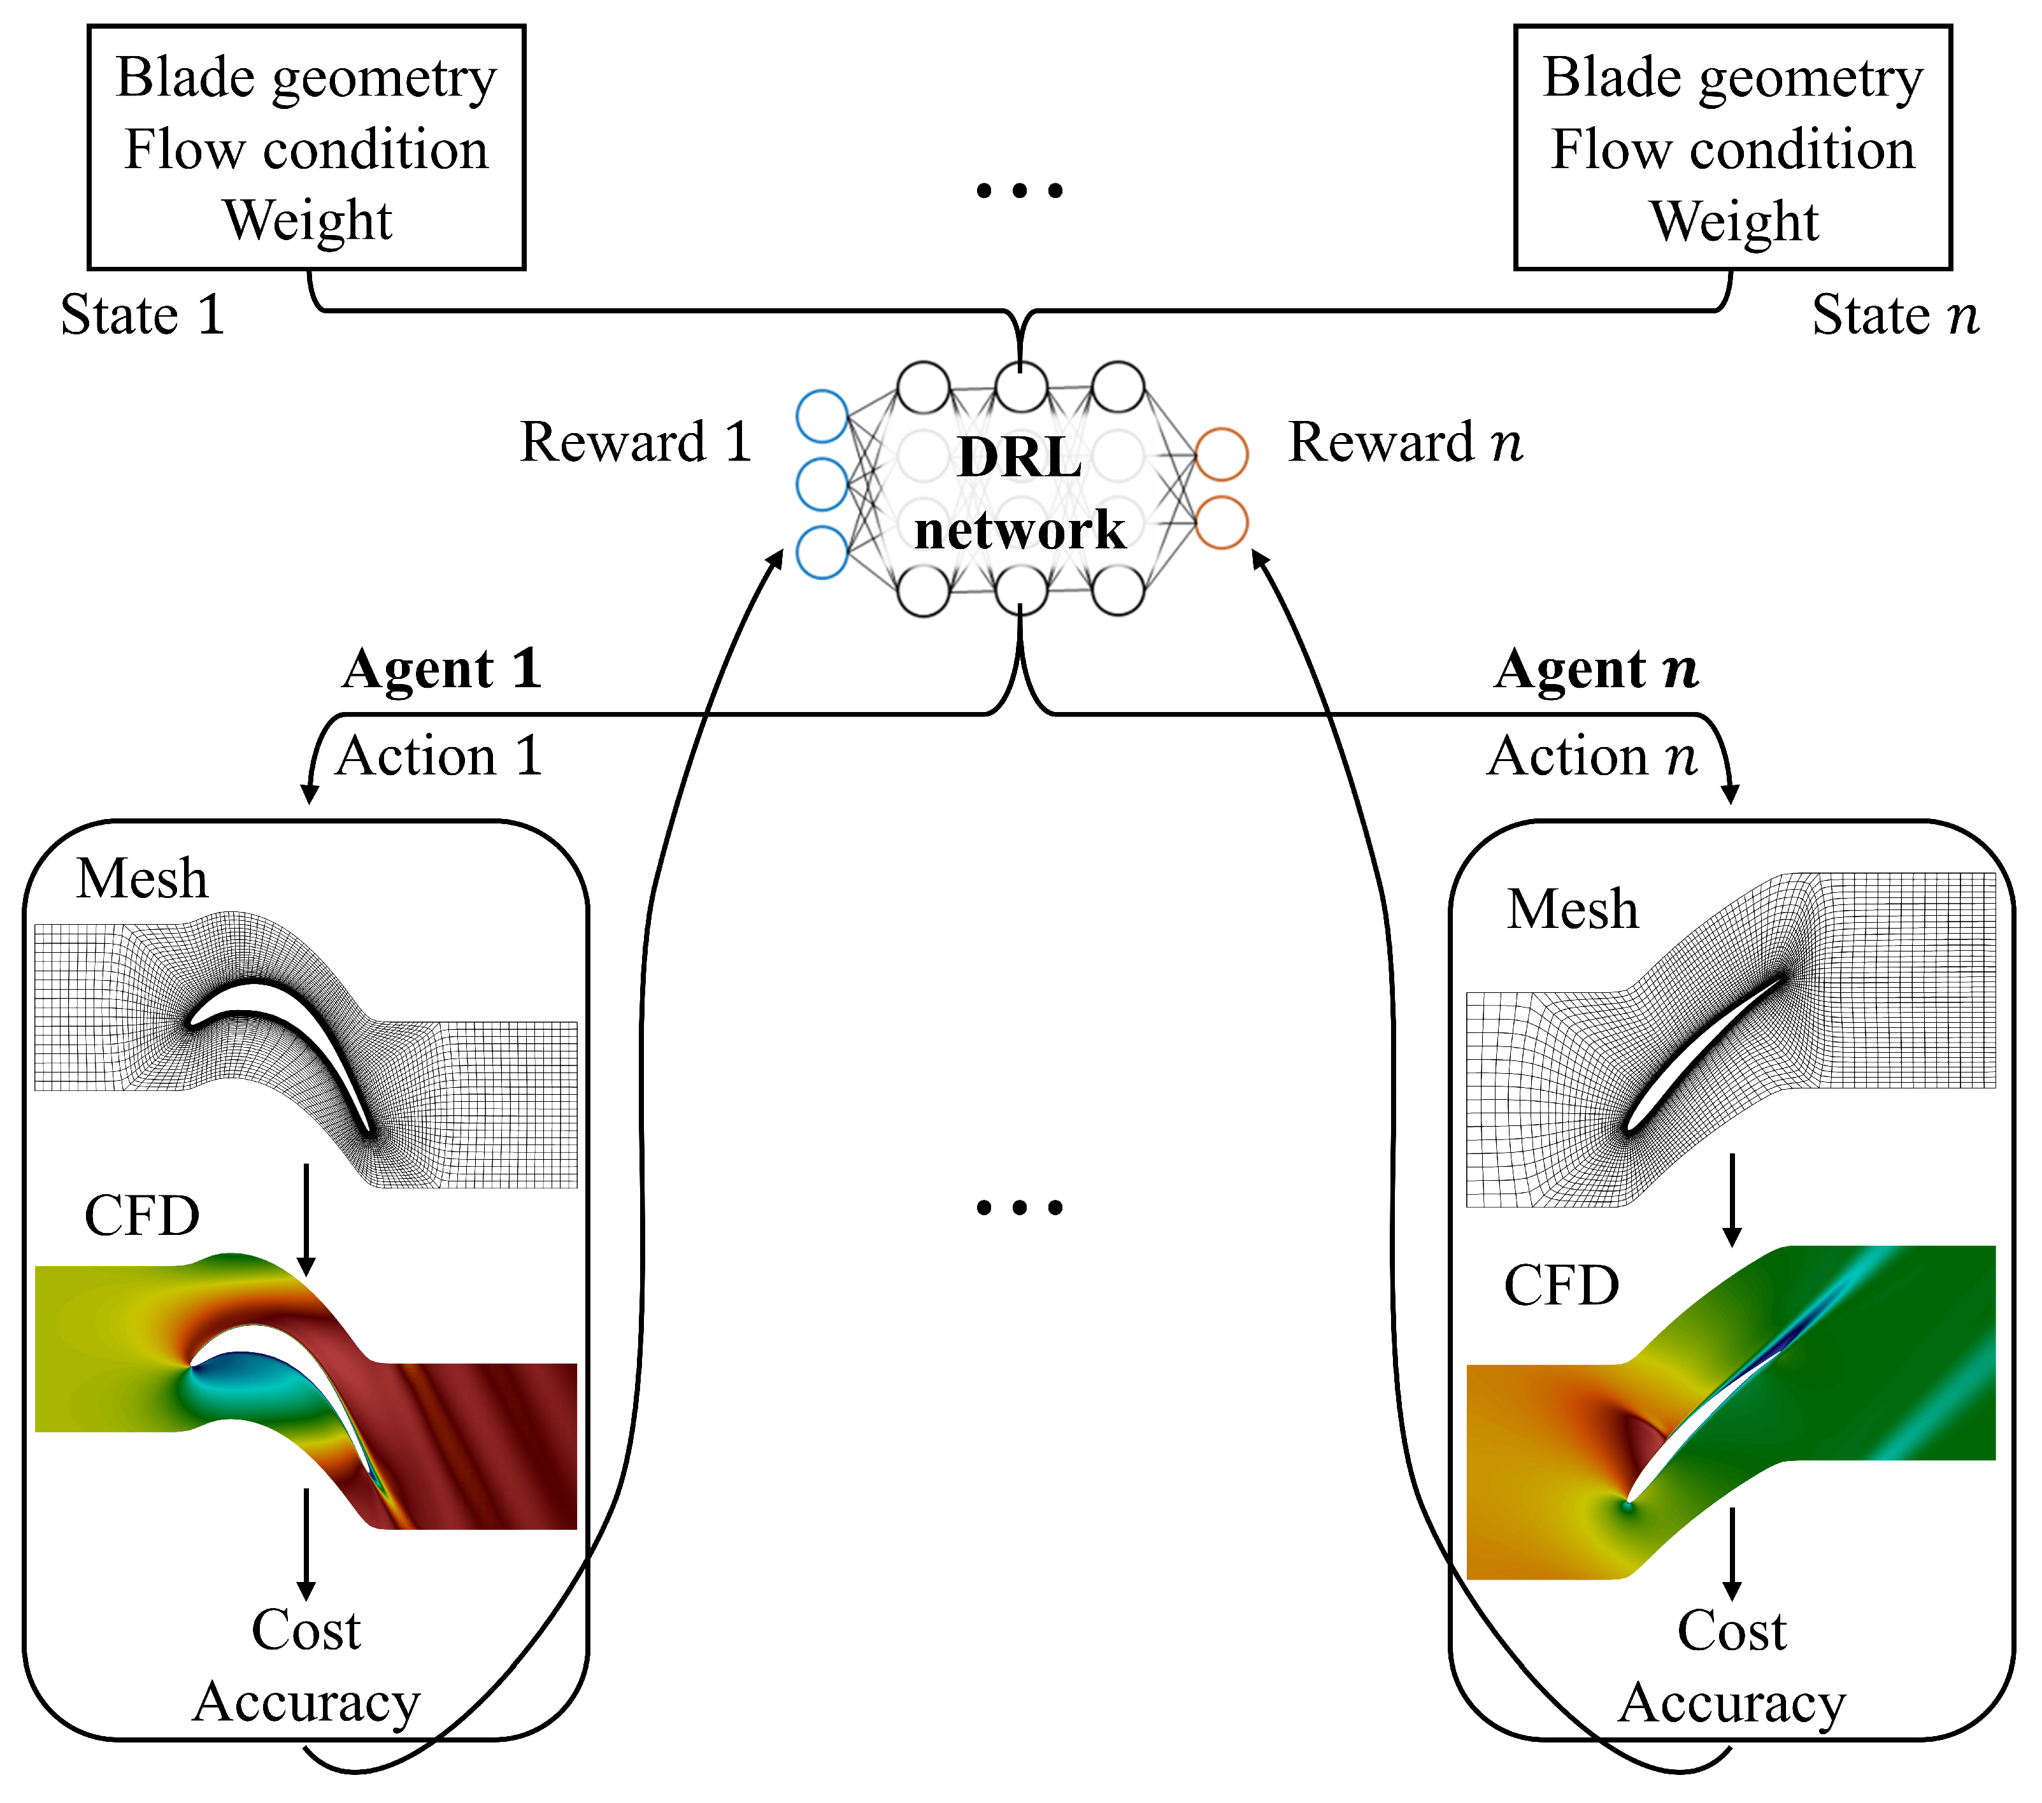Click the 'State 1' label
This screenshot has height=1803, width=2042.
click(x=142, y=316)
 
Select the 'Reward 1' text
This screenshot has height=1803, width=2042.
click(x=636, y=443)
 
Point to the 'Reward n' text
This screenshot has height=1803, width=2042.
click(x=1404, y=443)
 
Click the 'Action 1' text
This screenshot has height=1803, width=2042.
click(x=439, y=756)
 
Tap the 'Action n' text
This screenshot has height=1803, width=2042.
click(x=1592, y=756)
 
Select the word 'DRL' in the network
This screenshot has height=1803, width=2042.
click(x=1019, y=459)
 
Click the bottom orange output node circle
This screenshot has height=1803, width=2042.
click(x=1221, y=522)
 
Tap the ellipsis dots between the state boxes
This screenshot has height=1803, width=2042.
click(x=1019, y=190)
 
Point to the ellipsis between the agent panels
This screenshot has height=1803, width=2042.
click(x=1019, y=1208)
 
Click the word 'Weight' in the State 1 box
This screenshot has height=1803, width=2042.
click(x=307, y=221)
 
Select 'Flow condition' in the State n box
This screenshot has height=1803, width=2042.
click(x=1732, y=150)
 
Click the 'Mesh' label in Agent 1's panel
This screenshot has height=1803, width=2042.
click(x=142, y=879)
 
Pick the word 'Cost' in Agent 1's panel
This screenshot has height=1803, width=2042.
click(x=306, y=1630)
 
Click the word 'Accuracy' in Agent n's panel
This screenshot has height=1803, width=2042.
click(x=1731, y=1703)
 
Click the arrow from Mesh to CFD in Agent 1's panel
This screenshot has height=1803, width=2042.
click(x=307, y=1218)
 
